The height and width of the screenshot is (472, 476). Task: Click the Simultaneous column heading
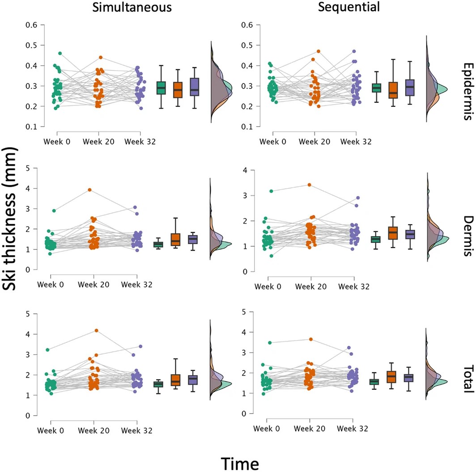[132, 7]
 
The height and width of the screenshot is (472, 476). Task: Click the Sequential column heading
[349, 7]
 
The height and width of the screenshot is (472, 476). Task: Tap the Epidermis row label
[468, 92]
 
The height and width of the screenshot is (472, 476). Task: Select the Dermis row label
[468, 236]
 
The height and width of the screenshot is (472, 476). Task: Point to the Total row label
[468, 379]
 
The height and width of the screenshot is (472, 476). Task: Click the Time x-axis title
[240, 464]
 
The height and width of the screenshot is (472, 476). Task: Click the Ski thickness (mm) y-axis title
[9, 219]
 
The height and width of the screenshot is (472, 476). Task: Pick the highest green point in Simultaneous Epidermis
[60, 53]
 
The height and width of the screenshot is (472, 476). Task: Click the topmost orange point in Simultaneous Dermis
[90, 190]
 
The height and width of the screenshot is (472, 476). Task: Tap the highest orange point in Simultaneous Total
[97, 331]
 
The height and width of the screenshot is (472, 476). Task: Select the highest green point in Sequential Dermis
[272, 191]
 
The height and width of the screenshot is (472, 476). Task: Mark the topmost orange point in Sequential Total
[311, 339]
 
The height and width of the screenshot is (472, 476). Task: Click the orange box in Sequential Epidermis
[393, 90]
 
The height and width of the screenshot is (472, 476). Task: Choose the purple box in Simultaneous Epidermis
[195, 87]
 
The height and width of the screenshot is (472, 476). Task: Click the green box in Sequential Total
[374, 382]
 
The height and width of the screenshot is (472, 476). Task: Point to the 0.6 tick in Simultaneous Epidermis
[31, 25]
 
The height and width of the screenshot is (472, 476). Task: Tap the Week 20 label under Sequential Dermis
[311, 287]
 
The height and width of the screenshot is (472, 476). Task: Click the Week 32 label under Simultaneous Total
[136, 430]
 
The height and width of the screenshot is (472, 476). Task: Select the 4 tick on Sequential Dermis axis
[245, 170]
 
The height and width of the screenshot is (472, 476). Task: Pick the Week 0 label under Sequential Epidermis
[272, 142]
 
